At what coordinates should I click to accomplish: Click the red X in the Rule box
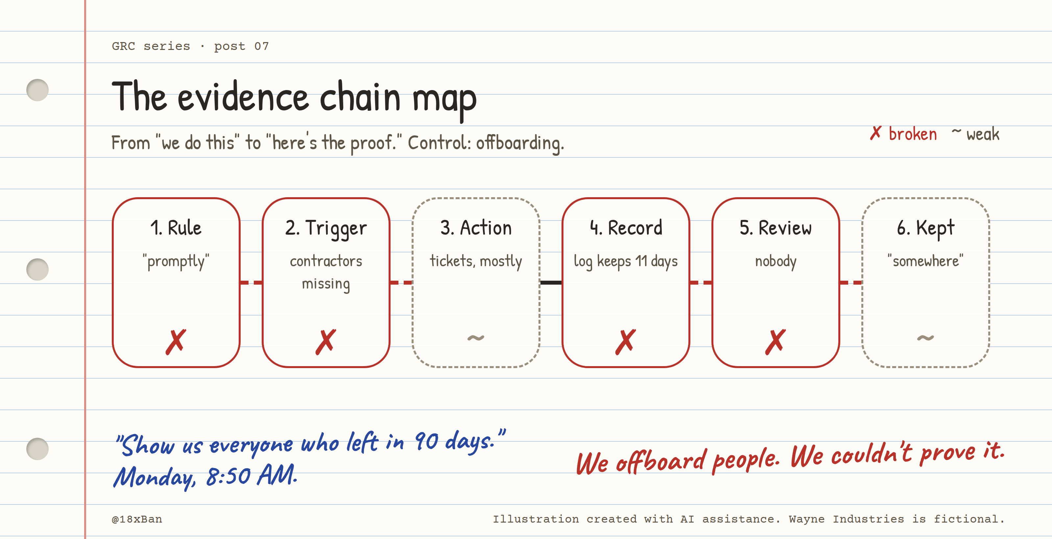click(x=176, y=342)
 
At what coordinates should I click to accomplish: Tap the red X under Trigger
click(x=326, y=342)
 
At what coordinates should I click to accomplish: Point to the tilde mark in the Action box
click(x=476, y=338)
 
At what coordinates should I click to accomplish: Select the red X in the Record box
click(x=626, y=342)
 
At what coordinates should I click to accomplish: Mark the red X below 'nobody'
click(x=776, y=342)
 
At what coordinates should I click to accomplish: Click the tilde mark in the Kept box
click(x=925, y=338)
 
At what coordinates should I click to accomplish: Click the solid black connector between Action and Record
click(x=551, y=282)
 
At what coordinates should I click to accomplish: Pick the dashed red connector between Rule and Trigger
click(x=251, y=282)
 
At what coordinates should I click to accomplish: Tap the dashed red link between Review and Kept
click(x=851, y=282)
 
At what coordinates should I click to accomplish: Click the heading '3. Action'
click(x=476, y=228)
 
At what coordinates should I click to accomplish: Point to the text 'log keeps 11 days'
click(x=626, y=261)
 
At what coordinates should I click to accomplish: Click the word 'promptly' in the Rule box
click(x=176, y=262)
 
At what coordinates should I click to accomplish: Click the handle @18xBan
click(x=137, y=519)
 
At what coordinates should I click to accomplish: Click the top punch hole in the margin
click(x=37, y=90)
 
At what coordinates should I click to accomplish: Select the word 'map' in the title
click(x=444, y=100)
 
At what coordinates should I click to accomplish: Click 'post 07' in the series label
click(x=241, y=46)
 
